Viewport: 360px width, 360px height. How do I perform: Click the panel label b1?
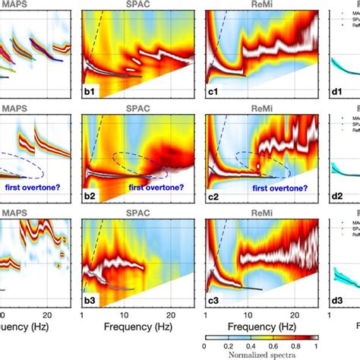click(90, 92)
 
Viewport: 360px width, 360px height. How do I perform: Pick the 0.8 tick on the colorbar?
click(291, 343)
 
